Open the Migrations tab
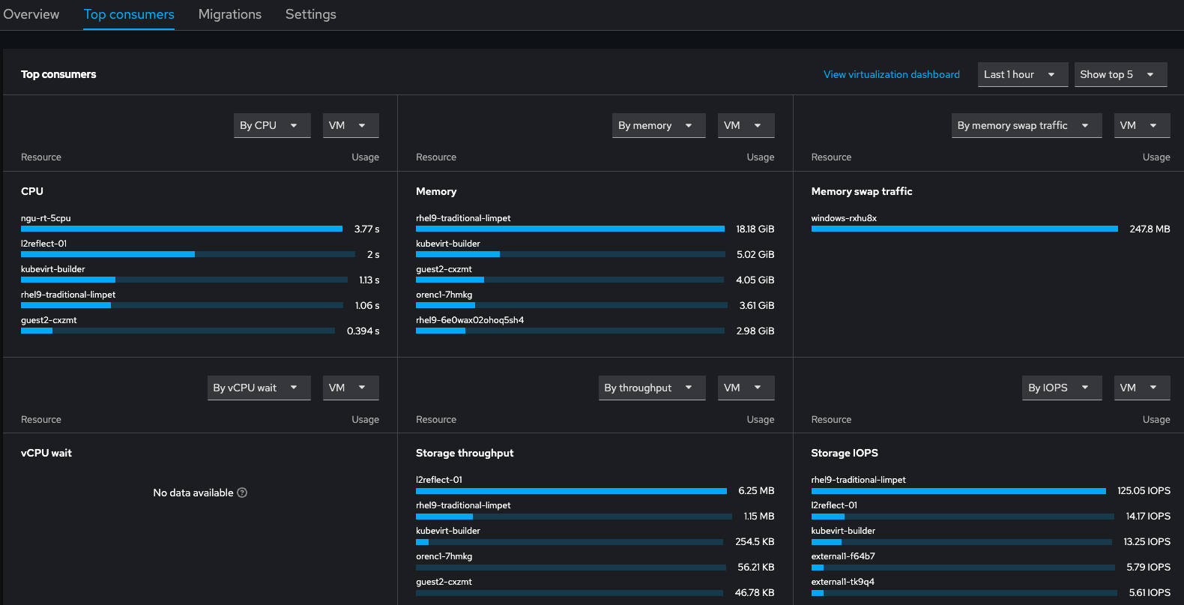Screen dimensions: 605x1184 pos(229,14)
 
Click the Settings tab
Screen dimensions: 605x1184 pos(310,14)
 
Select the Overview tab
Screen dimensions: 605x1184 pos(31,14)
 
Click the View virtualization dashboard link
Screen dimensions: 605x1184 pos(891,74)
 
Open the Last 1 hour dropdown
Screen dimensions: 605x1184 pos(1021,74)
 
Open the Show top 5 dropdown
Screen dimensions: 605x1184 pos(1120,74)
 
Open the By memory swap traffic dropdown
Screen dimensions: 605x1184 pos(1025,125)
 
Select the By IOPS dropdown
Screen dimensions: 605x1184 pos(1060,388)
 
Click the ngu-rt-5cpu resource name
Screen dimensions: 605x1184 pos(46,218)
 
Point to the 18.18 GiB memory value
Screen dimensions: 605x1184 pos(755,229)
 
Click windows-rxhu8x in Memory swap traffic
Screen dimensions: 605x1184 pos(844,218)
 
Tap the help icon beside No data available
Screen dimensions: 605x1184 pos(242,493)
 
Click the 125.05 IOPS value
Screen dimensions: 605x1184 pos(1144,490)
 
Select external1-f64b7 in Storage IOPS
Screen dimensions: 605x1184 pos(843,556)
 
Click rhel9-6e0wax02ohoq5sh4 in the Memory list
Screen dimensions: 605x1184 pos(470,320)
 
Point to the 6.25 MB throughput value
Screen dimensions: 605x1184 pos(755,490)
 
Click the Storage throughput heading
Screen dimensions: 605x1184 pos(465,453)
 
